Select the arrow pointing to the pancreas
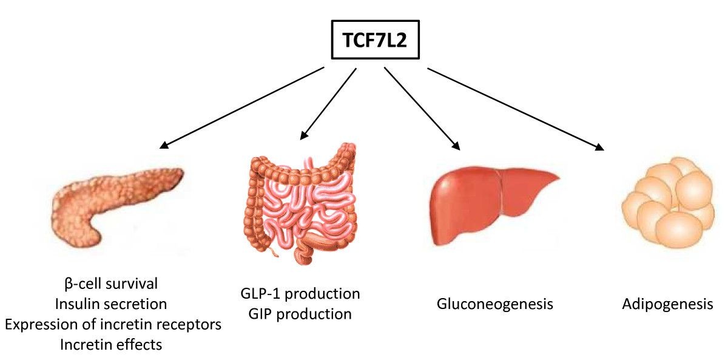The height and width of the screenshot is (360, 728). coord(242,107)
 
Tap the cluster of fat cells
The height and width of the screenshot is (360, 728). coord(667,203)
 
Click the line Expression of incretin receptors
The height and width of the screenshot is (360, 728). coord(113,324)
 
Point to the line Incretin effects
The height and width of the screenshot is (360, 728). coord(111,345)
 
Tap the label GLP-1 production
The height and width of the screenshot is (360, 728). coord(300,294)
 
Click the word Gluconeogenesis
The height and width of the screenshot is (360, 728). coord(495,304)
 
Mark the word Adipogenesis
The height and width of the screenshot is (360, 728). coord(667,304)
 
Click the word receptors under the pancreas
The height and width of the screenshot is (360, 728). coord(190,324)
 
